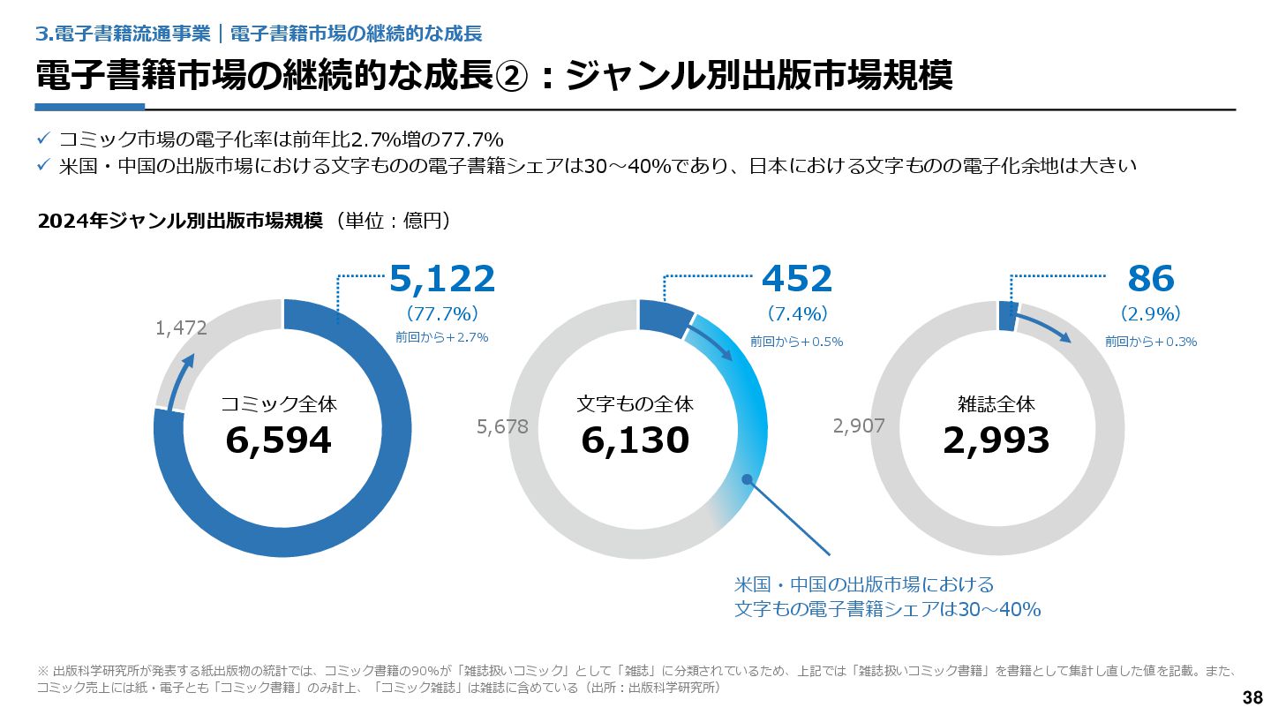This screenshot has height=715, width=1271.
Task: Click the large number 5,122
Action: click(442, 279)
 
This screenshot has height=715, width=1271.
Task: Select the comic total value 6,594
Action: click(279, 440)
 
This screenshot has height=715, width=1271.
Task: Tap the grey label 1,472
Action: click(181, 328)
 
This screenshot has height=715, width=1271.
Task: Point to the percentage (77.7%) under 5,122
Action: click(442, 313)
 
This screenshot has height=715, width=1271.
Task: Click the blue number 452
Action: click(797, 279)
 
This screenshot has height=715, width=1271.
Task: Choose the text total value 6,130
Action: click(635, 440)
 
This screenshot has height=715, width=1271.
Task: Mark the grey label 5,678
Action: click(502, 427)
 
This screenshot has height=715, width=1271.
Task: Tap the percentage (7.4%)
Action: click(797, 313)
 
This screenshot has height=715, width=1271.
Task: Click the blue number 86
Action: click(1151, 279)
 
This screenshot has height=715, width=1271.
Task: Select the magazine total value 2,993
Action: click(996, 440)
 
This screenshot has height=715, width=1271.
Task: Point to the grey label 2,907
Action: click(859, 427)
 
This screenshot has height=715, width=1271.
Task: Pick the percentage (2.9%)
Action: click(1151, 313)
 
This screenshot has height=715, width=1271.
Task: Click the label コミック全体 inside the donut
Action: click(279, 404)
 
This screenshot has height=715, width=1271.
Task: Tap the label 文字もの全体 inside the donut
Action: click(635, 404)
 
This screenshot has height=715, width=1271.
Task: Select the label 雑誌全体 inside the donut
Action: click(996, 404)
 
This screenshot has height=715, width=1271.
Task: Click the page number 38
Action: click(1252, 697)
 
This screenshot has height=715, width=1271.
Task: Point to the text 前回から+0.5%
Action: click(797, 342)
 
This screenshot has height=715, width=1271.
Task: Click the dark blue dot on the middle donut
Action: click(747, 479)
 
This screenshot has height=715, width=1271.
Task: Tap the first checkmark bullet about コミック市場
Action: click(43, 139)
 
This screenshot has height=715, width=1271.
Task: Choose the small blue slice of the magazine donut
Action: click(1008, 316)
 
